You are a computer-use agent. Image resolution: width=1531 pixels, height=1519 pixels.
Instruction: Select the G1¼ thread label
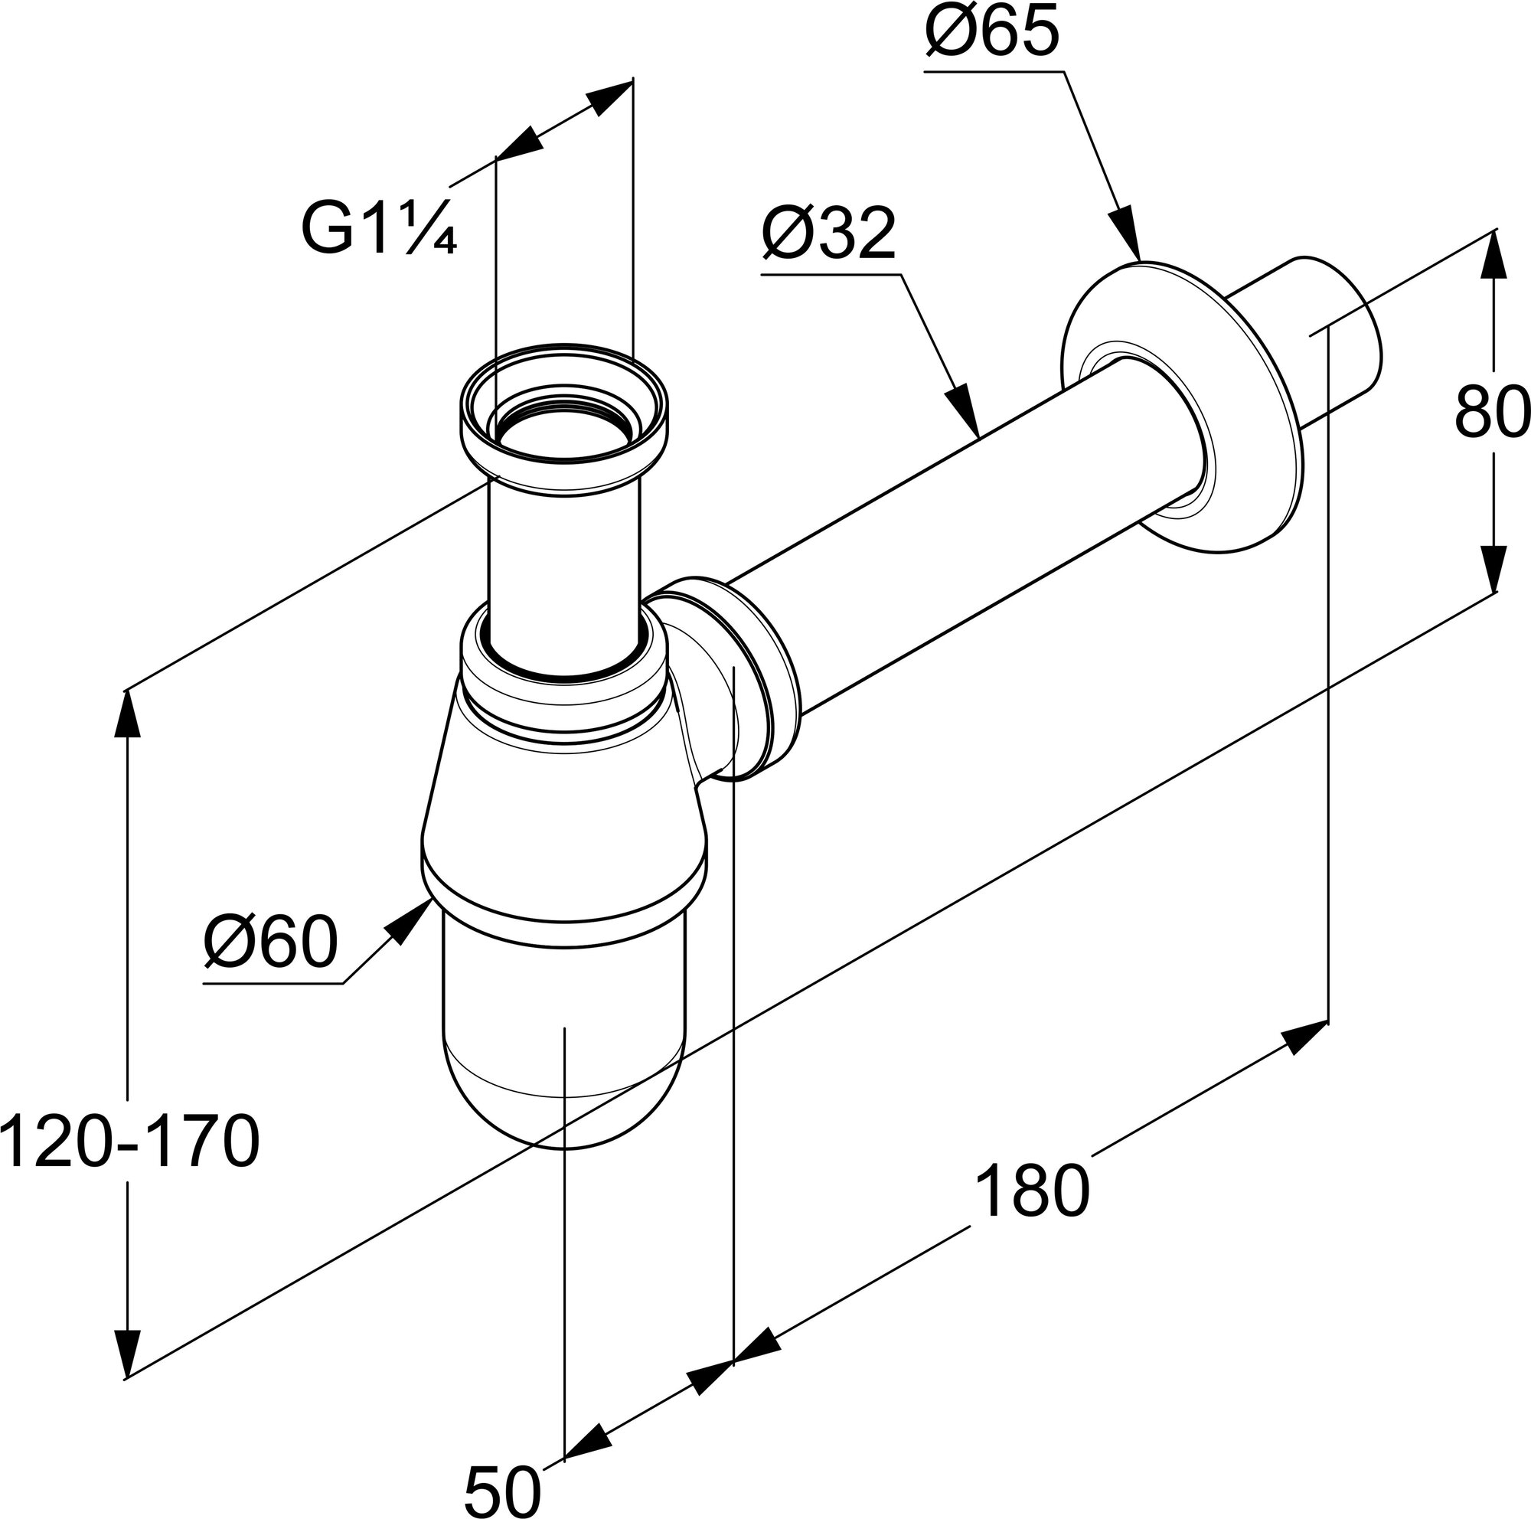coord(379,230)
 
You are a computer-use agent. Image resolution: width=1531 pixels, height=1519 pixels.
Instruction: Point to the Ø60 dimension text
coord(271,943)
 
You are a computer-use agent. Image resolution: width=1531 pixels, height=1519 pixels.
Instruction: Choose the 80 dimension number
coord(1490,412)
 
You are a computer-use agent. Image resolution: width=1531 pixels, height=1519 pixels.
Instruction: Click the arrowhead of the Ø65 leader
coord(1128,237)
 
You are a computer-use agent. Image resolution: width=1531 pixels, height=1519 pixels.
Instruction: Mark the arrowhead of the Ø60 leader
coord(410,923)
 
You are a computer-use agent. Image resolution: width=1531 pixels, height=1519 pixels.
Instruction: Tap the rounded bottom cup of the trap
coord(563,1053)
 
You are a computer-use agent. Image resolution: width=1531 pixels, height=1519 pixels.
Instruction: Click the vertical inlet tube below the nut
coord(563,554)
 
